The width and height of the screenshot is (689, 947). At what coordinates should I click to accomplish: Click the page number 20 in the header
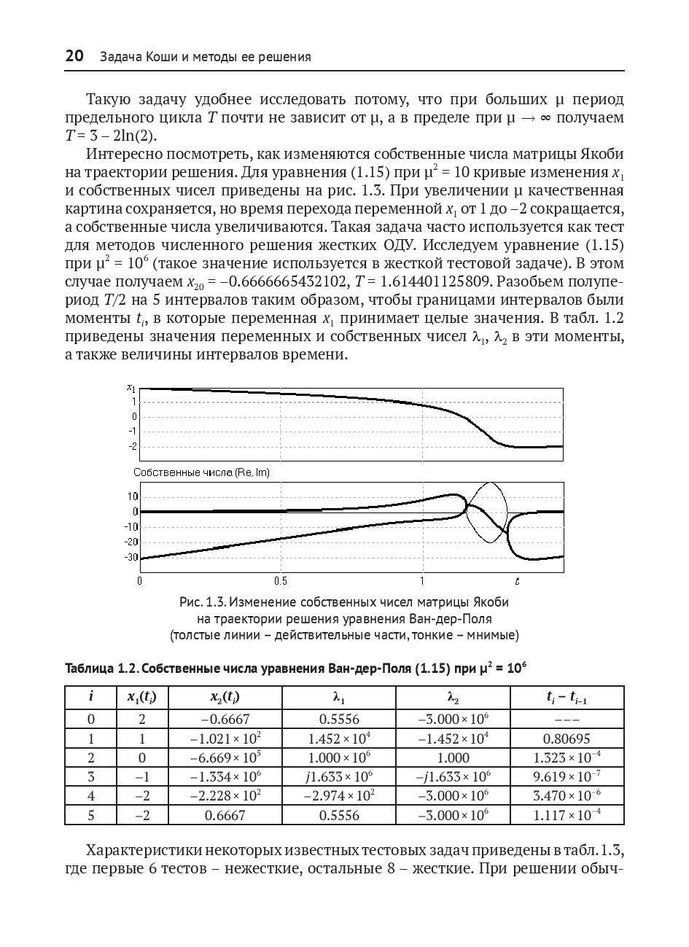(x=74, y=56)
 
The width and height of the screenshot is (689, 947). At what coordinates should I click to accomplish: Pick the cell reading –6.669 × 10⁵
(x=225, y=757)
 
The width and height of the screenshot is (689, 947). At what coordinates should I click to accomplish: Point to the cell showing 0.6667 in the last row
(x=225, y=815)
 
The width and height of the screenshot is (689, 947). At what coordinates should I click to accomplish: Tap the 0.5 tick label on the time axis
(x=281, y=582)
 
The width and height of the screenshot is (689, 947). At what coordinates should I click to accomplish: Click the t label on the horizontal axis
(x=517, y=581)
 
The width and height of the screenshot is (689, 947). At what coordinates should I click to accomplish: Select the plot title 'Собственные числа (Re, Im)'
(x=201, y=472)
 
